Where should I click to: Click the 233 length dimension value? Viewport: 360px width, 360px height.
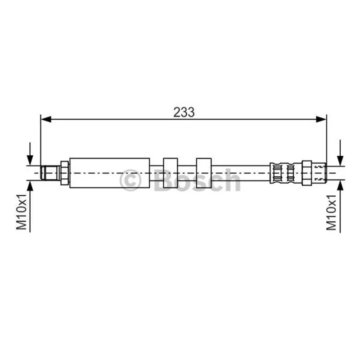click(184, 112)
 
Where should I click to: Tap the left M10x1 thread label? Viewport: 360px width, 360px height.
click(22, 211)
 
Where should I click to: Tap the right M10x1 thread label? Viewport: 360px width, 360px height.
click(331, 212)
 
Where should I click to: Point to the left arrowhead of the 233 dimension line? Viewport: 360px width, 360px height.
click(46, 119)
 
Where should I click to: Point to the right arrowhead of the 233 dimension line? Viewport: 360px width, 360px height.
click(321, 119)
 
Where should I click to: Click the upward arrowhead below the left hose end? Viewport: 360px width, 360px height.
click(30, 186)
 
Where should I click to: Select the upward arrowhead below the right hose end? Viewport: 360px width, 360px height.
click(340, 186)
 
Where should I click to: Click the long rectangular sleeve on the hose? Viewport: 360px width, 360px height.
click(110, 173)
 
